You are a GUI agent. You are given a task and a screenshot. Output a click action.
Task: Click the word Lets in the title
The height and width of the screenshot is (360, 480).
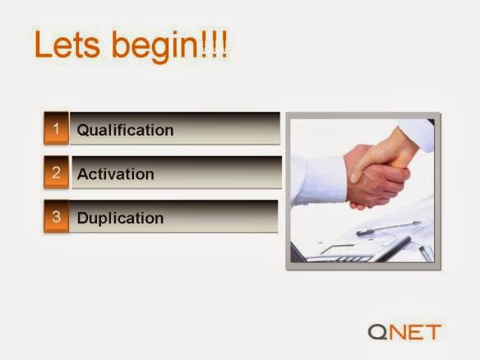point(67,44)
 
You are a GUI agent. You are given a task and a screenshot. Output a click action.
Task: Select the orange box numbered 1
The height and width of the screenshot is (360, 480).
point(57,128)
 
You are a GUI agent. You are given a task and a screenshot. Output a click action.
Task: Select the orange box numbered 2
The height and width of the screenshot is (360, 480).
point(57,172)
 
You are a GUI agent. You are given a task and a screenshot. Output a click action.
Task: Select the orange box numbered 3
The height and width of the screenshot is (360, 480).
point(57,216)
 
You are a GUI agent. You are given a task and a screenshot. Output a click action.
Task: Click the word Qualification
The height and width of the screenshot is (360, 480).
point(125,130)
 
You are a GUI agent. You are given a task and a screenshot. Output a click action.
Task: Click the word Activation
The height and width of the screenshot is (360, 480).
point(115,174)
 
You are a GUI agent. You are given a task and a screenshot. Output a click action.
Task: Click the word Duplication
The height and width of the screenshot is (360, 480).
point(120,219)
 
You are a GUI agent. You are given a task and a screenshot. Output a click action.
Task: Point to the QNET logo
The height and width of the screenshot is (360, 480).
point(404,332)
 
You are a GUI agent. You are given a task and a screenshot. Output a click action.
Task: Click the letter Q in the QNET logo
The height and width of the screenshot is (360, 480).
point(377,332)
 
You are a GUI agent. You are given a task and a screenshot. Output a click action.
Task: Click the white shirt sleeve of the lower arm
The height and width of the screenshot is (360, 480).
point(318,181)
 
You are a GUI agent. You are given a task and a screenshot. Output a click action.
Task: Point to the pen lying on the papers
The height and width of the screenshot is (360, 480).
point(388,228)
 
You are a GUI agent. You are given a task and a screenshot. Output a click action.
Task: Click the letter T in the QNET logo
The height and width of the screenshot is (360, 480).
point(432,332)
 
